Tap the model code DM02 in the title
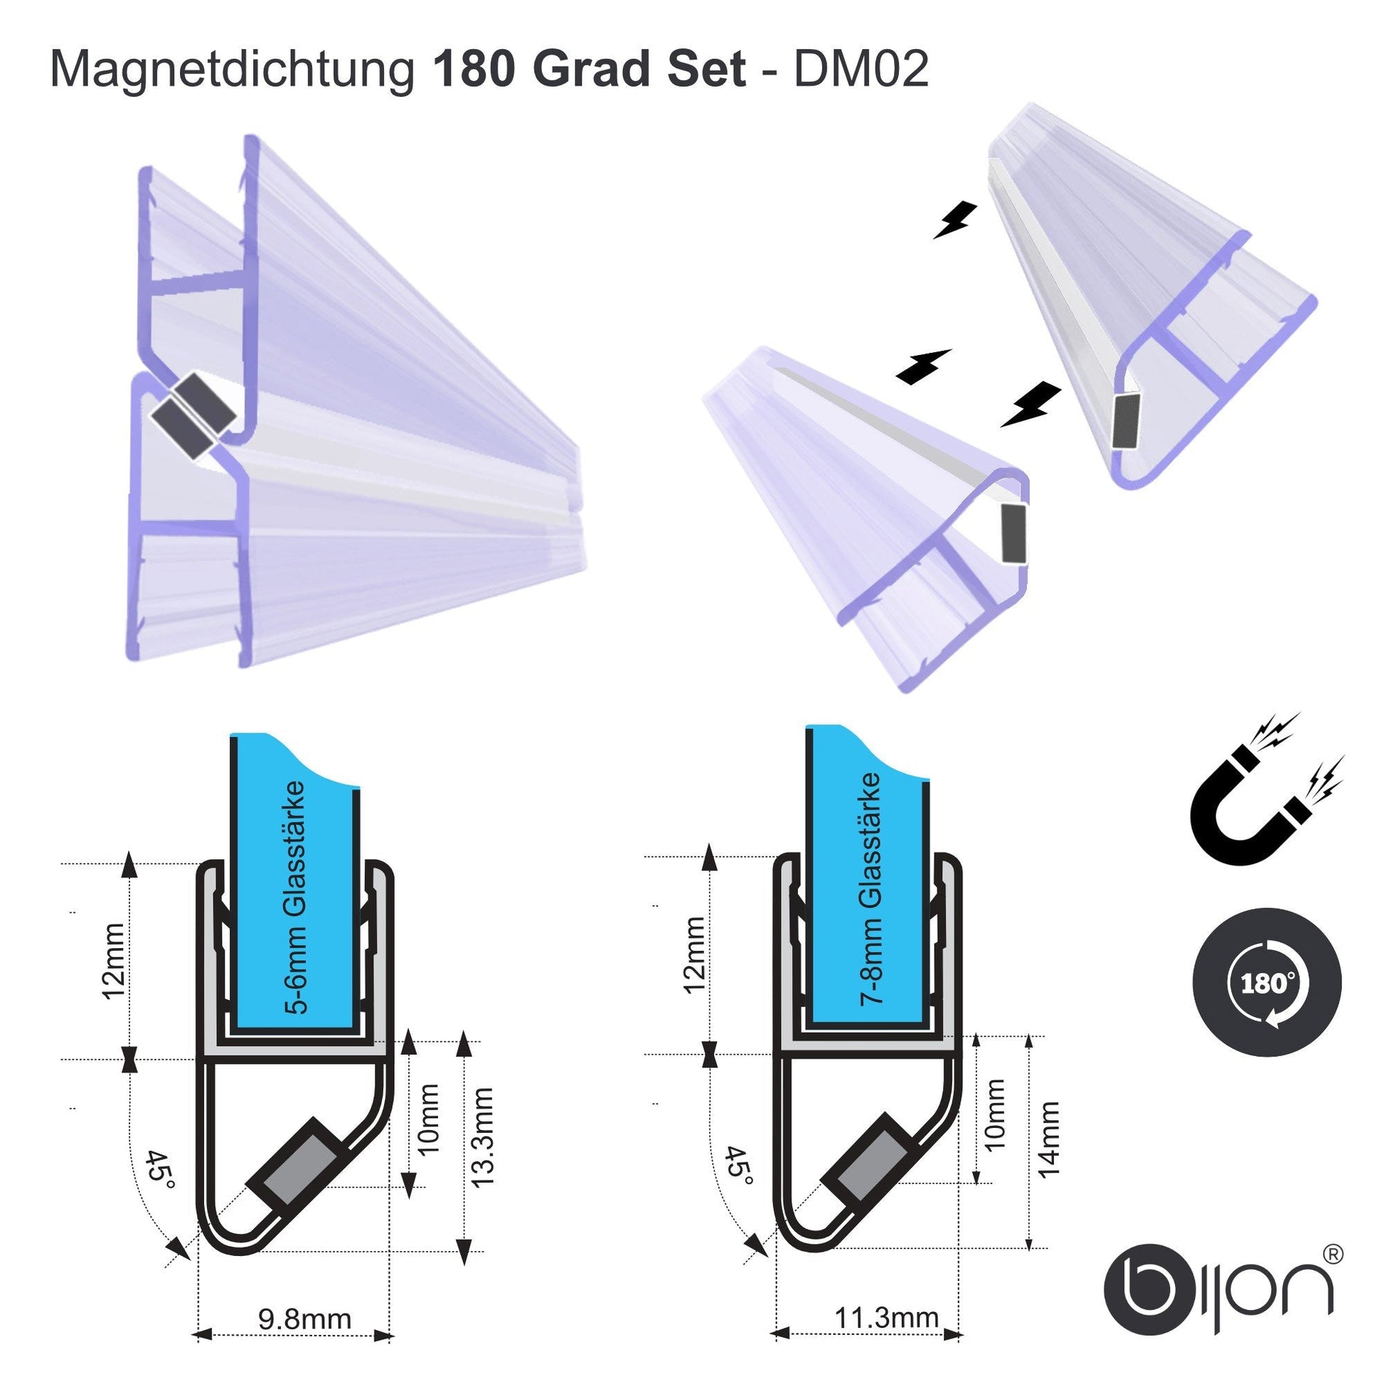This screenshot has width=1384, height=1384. click(861, 70)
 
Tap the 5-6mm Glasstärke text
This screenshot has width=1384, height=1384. click(295, 898)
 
